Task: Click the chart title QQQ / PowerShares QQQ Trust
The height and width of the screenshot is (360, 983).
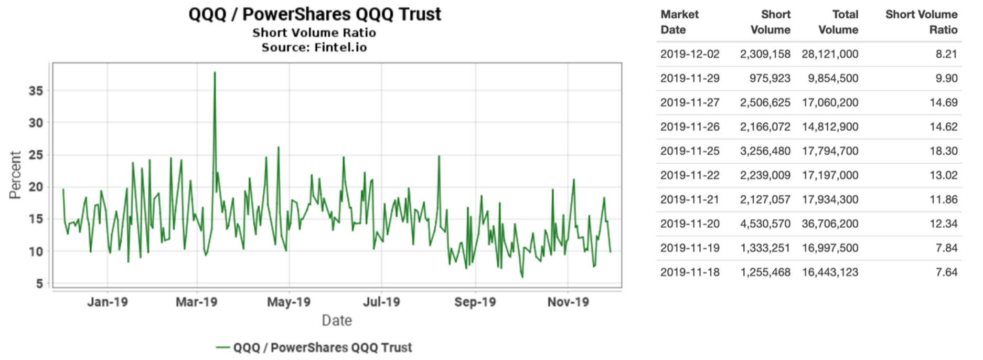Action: pyautogui.click(x=315, y=14)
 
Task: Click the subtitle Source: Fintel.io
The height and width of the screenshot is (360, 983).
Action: pyautogui.click(x=314, y=47)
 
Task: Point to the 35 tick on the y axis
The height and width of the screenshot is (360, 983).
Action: pyautogui.click(x=36, y=91)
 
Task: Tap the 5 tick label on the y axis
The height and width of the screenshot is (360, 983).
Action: pyautogui.click(x=40, y=283)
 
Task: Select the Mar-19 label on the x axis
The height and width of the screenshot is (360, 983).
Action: pyautogui.click(x=196, y=302)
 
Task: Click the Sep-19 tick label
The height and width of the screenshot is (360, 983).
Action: pyautogui.click(x=475, y=302)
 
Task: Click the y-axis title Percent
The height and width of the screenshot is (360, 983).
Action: pyautogui.click(x=15, y=175)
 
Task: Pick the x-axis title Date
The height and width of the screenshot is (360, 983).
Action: pyautogui.click(x=337, y=320)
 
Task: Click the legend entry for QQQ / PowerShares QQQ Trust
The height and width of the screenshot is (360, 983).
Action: pyautogui.click(x=314, y=347)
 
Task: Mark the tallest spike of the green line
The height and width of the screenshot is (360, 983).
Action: pyautogui.click(x=215, y=72)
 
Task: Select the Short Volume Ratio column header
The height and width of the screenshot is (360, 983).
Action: pyautogui.click(x=921, y=22)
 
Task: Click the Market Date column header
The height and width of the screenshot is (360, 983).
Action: pyautogui.click(x=679, y=22)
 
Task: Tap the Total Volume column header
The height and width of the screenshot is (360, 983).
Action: pyautogui.click(x=838, y=22)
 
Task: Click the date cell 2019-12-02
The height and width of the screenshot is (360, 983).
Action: pyautogui.click(x=690, y=54)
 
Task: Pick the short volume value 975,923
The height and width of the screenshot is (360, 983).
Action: pyautogui.click(x=770, y=78)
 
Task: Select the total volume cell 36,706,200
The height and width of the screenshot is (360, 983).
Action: pyautogui.click(x=830, y=224)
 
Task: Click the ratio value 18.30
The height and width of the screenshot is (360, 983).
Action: pyautogui.click(x=944, y=151)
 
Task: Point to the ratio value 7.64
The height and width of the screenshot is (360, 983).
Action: pyautogui.click(x=946, y=272)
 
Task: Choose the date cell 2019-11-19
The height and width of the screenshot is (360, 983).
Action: pyautogui.click(x=690, y=248)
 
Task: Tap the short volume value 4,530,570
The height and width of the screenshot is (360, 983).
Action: pyautogui.click(x=765, y=224)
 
